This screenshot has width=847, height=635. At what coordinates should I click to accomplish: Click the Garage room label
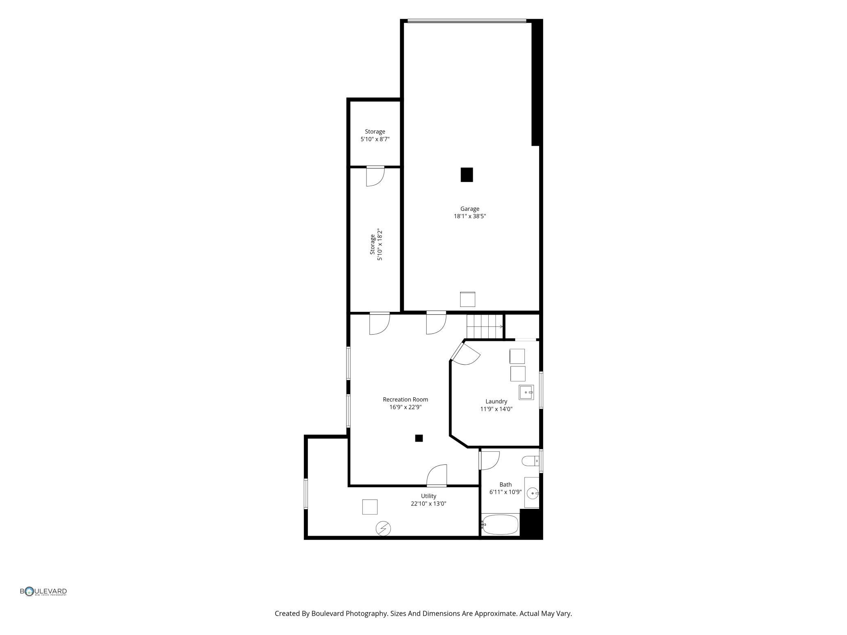click(470, 209)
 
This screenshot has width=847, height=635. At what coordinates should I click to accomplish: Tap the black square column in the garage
click(467, 175)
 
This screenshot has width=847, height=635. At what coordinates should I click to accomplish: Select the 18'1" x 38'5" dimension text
click(470, 216)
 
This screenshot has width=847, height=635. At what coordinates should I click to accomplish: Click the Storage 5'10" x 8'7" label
click(375, 135)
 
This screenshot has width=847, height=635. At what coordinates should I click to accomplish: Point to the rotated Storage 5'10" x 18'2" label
click(376, 244)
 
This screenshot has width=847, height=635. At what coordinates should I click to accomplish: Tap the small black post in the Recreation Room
click(419, 438)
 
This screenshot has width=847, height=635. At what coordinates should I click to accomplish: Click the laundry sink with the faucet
click(526, 392)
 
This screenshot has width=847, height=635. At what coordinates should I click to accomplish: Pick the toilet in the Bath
click(531, 461)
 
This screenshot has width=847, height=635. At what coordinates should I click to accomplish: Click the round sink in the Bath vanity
click(533, 493)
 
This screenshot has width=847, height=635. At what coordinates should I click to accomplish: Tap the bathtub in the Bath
click(500, 525)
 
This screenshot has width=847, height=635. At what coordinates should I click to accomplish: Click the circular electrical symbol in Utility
click(383, 528)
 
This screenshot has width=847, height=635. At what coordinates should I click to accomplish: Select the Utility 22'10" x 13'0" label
click(428, 499)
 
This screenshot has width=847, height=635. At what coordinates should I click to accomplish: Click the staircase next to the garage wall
click(485, 326)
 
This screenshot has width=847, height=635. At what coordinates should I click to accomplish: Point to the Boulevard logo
click(44, 591)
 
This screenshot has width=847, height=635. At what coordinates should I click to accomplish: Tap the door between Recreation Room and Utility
click(437, 475)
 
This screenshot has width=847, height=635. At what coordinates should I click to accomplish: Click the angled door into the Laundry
click(465, 353)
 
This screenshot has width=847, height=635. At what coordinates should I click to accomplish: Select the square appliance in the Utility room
click(370, 507)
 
